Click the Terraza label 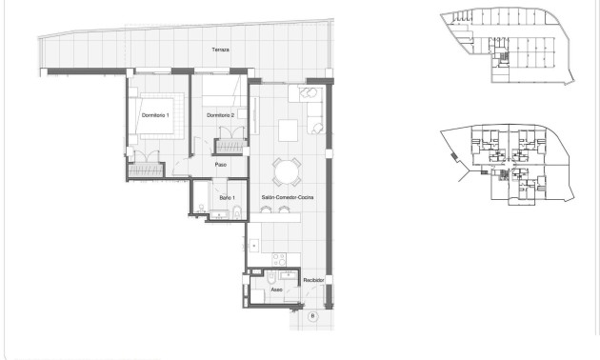pyautogui.click(x=221, y=49)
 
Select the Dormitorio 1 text pyautogui.click(x=154, y=115)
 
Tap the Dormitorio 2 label pyautogui.click(x=221, y=115)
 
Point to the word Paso pyautogui.click(x=220, y=165)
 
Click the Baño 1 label pyautogui.click(x=226, y=197)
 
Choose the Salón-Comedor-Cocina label pyautogui.click(x=281, y=197)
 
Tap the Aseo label pyautogui.click(x=276, y=288)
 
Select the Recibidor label pyautogui.click(x=314, y=280)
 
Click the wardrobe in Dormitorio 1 pyautogui.click(x=148, y=169)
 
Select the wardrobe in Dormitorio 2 pyautogui.click(x=230, y=146)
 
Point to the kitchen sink pyautogui.click(x=255, y=246)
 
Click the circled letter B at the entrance pyautogui.click(x=312, y=314)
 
